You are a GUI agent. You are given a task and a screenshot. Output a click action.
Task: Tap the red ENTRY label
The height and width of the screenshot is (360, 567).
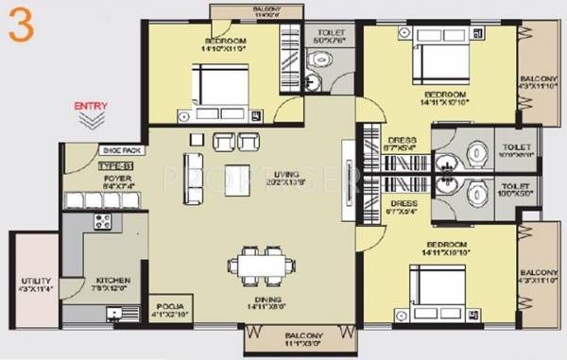click(92, 106)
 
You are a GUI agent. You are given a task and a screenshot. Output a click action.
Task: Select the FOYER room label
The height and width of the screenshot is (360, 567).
click(117, 177)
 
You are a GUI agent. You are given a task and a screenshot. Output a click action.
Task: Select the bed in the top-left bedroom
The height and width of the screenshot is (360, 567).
click(222, 87)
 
